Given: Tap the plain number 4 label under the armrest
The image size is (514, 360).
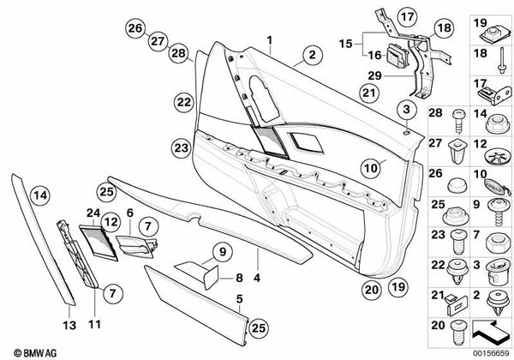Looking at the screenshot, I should pyautogui.click(x=258, y=255).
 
